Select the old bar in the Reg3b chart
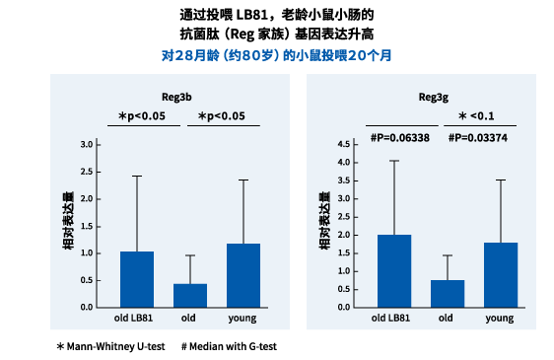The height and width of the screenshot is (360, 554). [189, 295]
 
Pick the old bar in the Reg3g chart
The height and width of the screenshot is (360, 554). [447, 293]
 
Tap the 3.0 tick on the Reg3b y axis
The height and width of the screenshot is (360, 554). [86, 145]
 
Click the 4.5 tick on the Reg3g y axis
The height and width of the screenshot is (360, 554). [344, 144]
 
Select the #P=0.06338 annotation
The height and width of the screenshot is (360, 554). [399, 138]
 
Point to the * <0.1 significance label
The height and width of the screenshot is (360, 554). [478, 116]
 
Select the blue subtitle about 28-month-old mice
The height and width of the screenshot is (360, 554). [276, 55]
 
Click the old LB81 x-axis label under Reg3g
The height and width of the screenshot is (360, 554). [391, 318]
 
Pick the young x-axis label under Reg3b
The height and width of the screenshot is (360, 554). [242, 318]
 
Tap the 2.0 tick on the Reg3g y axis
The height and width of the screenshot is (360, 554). [344, 235]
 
